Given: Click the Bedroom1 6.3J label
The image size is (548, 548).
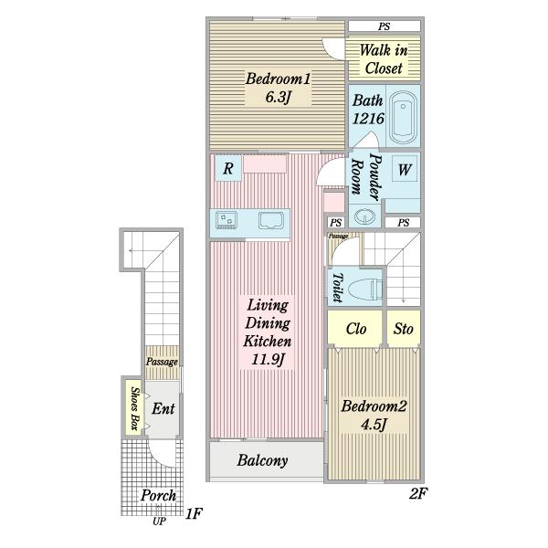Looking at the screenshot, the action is pyautogui.click(x=278, y=88).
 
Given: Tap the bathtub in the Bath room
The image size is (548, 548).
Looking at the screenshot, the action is pyautogui.click(x=403, y=118).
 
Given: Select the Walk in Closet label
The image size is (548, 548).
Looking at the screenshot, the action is pyautogui.click(x=384, y=59).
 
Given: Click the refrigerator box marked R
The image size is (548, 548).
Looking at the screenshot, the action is pyautogui.click(x=227, y=168).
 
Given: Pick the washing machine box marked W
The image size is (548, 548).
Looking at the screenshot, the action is pyautogui.click(x=405, y=169).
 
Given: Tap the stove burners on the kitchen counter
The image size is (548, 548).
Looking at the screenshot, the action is pyautogui.click(x=227, y=220).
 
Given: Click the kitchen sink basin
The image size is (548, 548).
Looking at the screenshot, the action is pyautogui.click(x=271, y=220).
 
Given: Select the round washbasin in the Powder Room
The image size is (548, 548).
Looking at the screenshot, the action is pyautogui.click(x=364, y=216).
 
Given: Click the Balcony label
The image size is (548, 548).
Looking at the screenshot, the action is pyautogui.click(x=262, y=460).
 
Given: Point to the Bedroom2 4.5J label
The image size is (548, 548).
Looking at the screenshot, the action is pyautogui.click(x=374, y=416).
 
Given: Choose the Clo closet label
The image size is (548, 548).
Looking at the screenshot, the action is pyautogui.click(x=356, y=329).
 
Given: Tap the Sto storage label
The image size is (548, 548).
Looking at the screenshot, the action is pyautogui.click(x=404, y=329).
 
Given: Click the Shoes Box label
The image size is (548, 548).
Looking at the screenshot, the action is pyautogui.click(x=134, y=408).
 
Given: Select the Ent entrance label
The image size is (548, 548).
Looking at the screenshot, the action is pyautogui.click(x=163, y=408).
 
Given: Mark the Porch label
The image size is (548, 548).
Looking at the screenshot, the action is pyautogui.click(x=158, y=495).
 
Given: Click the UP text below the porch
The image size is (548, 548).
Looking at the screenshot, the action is pyautogui.click(x=159, y=522).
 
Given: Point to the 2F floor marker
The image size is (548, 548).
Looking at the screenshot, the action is pyautogui.click(x=417, y=493).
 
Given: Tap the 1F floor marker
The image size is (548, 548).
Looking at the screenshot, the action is pyautogui.click(x=194, y=513).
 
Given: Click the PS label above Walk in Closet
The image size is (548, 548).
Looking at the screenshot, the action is pyautogui.click(x=384, y=26).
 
